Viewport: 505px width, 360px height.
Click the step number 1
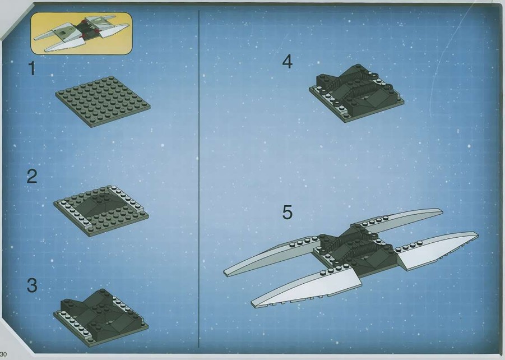tap(31, 68)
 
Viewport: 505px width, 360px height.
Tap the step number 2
tap(31, 176)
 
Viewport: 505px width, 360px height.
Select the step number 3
tap(31, 285)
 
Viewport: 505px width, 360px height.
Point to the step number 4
tap(288, 62)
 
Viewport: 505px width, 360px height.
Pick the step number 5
tap(288, 213)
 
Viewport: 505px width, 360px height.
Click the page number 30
tap(3, 354)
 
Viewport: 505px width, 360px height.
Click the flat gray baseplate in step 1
tap(103, 101)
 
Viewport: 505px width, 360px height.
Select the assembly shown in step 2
tap(101, 210)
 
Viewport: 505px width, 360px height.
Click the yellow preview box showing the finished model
tap(81, 33)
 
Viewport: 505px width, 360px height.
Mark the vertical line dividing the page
tap(199, 179)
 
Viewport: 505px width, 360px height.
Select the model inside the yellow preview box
tap(82, 33)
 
